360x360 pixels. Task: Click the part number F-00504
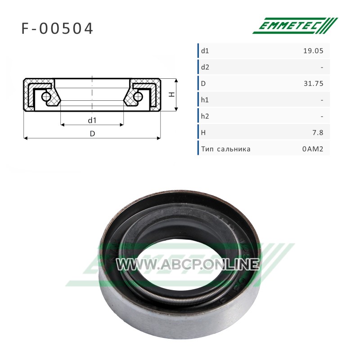click(x=57, y=28)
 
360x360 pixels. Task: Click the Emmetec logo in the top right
click(x=295, y=26)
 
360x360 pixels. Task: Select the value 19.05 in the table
click(x=313, y=51)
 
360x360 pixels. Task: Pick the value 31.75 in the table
click(x=313, y=83)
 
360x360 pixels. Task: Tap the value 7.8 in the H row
click(x=318, y=132)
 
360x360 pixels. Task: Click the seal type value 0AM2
click(x=313, y=149)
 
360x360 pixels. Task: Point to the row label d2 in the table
click(x=205, y=67)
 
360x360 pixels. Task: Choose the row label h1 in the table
click(x=205, y=100)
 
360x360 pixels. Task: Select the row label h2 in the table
click(x=205, y=116)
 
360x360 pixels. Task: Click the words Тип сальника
click(x=226, y=149)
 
